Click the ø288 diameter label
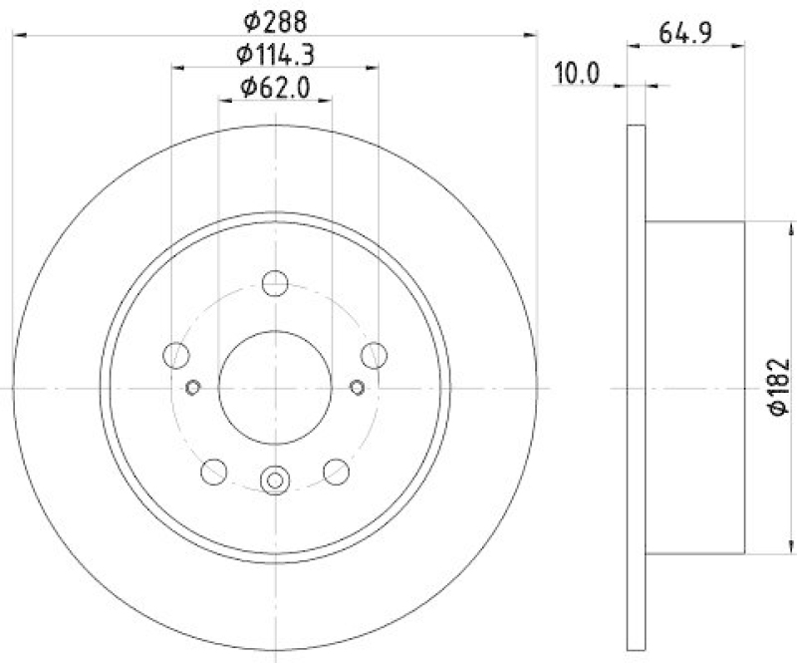point(275,19)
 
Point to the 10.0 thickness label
point(579,73)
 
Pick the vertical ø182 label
point(780,388)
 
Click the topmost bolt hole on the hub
point(275,283)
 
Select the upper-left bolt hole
point(176,354)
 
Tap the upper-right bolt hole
point(374,354)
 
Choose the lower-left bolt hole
point(214,471)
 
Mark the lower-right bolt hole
point(337,471)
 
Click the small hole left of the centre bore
point(194,387)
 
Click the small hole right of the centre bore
point(357,387)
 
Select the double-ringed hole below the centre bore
point(275,481)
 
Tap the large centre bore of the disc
point(275,387)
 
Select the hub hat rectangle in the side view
point(694,387)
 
